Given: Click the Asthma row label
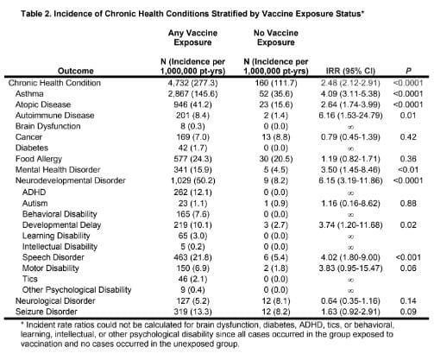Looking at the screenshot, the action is click(29, 94).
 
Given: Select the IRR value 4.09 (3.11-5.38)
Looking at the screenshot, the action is click(350, 94).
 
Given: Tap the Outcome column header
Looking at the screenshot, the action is click(76, 71).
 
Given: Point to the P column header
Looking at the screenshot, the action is click(408, 71).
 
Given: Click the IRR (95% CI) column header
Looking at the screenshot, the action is click(350, 71).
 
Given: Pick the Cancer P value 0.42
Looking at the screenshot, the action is click(408, 137).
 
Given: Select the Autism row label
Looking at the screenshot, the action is click(35, 204).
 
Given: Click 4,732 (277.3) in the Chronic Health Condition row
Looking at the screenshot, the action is click(192, 83).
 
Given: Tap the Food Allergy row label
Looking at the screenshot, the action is click(39, 159).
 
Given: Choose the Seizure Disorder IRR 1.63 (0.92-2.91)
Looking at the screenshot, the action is click(350, 312).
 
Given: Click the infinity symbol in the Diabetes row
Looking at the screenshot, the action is click(350, 148).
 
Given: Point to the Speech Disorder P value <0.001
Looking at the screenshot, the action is click(408, 257).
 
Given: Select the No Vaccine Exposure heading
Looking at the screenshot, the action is click(276, 38).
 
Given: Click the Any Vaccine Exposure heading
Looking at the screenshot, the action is click(192, 38).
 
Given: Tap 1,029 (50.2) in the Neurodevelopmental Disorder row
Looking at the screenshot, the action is click(192, 180).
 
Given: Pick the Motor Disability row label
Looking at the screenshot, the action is click(51, 268).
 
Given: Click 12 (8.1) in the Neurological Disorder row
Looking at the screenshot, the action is click(276, 301).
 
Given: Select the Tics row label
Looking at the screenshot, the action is click(30, 279).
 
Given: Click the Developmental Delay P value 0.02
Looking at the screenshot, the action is click(408, 225).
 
